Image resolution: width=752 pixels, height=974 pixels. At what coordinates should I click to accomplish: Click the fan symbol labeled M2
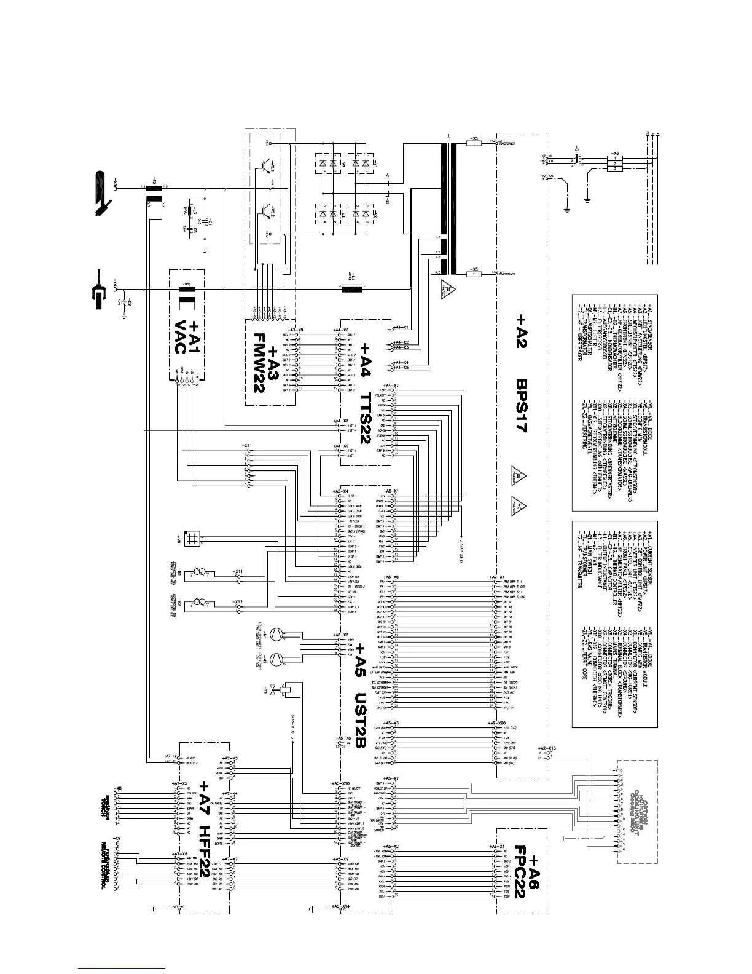[278, 657]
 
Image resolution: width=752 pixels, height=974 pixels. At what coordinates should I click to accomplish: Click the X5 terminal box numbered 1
[474, 143]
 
